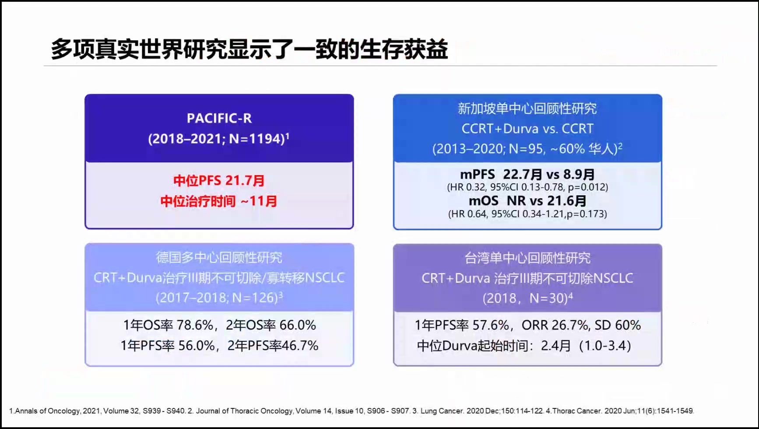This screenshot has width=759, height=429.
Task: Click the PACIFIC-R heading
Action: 219,118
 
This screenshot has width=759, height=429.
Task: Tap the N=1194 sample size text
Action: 257,139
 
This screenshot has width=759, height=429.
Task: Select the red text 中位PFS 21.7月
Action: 219,180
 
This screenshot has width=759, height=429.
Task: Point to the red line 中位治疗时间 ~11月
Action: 219,201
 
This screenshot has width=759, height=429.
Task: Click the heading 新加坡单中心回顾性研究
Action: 527,108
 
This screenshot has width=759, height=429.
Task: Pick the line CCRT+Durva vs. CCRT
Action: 527,129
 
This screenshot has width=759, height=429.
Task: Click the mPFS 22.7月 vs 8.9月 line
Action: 527,174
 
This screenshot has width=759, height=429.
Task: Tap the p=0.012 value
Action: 588,187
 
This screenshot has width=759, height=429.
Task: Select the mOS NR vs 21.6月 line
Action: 527,201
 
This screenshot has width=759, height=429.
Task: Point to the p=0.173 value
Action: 587,214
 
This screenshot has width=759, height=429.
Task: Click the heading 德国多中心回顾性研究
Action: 219,257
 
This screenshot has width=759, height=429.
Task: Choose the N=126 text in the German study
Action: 254,298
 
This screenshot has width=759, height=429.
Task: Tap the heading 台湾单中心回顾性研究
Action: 527,258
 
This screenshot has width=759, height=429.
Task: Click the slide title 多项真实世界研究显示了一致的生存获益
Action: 249,49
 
